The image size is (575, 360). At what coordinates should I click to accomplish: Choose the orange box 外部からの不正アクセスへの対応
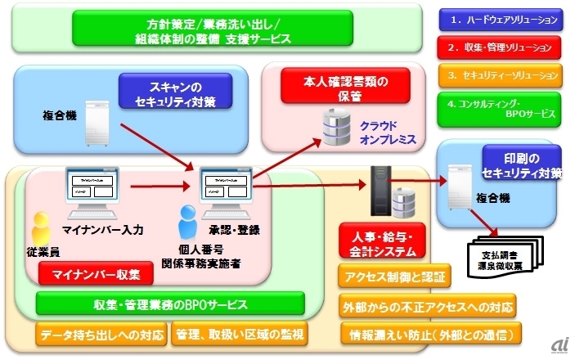(427, 307)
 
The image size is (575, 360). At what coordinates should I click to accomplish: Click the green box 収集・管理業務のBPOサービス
(170, 304)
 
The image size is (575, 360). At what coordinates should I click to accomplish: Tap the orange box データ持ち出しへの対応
(101, 334)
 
